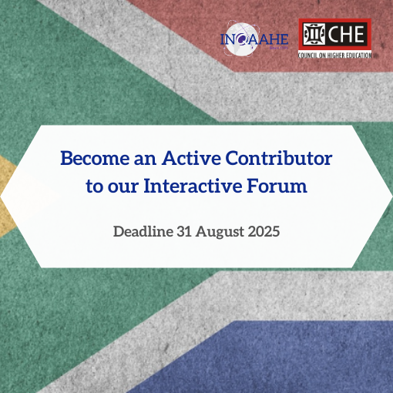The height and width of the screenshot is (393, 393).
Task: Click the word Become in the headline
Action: coord(95,158)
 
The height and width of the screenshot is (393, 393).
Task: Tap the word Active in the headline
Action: coord(191,158)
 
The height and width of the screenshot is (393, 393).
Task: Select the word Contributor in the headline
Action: coord(279,158)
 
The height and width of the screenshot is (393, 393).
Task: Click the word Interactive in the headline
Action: coord(193,186)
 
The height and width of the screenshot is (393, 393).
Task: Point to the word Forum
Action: coord(277,186)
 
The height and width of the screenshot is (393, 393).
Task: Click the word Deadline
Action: coord(143,231)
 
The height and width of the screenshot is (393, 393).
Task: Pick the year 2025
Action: coord(264,231)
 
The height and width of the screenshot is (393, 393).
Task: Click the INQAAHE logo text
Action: coord(254,39)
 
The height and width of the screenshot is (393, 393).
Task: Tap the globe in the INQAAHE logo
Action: coord(241,39)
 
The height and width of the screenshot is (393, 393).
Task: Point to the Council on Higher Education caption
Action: coord(334,55)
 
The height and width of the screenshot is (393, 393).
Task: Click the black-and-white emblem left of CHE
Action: coord(314,34)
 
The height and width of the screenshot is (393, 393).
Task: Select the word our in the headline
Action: coord(123,186)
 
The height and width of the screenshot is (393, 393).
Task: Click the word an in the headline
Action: coord(145,160)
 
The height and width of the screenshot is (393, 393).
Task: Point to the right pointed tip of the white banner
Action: coord(392,196)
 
